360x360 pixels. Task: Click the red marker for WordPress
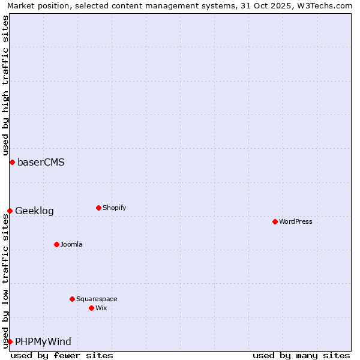(x=275, y=221)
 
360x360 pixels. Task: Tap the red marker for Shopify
(x=98, y=208)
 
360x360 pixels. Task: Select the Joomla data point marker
(x=56, y=244)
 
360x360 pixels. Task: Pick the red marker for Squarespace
(x=72, y=299)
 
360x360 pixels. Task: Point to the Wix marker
(x=91, y=308)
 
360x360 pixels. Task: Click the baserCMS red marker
(x=12, y=162)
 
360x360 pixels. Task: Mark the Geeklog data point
(x=10, y=211)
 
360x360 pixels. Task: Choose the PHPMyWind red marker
(x=10, y=341)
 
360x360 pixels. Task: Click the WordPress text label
(x=296, y=221)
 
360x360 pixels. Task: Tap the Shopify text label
(x=114, y=208)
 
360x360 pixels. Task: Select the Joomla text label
(x=71, y=244)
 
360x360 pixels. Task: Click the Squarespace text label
(x=97, y=299)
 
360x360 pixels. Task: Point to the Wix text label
(x=101, y=308)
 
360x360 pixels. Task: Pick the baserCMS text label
(x=41, y=162)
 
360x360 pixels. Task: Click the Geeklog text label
(x=34, y=211)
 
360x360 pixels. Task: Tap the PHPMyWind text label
(x=43, y=341)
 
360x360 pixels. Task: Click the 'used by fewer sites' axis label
(x=62, y=355)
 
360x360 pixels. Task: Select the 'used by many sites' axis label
(x=301, y=355)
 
